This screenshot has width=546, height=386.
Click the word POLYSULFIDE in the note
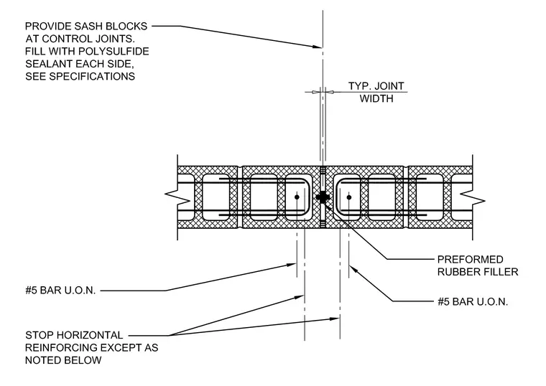(x=114, y=52)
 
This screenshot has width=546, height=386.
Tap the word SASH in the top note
(x=89, y=27)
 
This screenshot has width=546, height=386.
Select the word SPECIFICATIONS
(x=92, y=77)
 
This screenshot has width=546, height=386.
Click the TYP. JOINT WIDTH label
(x=376, y=92)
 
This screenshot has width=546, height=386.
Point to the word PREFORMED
(x=470, y=260)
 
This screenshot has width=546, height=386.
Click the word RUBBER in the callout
(x=457, y=272)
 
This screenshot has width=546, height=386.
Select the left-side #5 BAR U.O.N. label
(x=60, y=291)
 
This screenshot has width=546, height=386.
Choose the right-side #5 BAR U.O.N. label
(x=473, y=302)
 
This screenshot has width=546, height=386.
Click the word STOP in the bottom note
(x=39, y=335)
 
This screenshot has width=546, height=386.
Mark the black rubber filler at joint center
(x=323, y=197)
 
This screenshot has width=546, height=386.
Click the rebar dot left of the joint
(x=297, y=197)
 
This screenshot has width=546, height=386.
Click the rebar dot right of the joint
(x=349, y=197)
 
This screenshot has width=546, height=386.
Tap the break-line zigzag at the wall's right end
(x=473, y=197)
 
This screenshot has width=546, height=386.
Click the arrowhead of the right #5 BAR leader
(x=353, y=269)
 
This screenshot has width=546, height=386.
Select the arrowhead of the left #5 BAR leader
(x=292, y=265)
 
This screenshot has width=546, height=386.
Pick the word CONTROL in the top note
(x=65, y=39)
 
